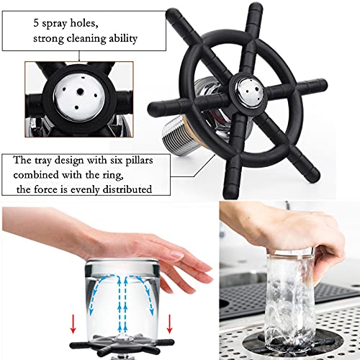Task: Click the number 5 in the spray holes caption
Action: click(x=36, y=23)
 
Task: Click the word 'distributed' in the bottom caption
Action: click(x=127, y=189)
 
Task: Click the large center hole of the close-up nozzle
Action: click(x=80, y=91)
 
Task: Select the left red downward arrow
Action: click(x=73, y=324)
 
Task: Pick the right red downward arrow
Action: click(x=170, y=324)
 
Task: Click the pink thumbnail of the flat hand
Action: click(x=177, y=255)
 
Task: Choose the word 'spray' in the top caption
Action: click(x=54, y=24)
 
